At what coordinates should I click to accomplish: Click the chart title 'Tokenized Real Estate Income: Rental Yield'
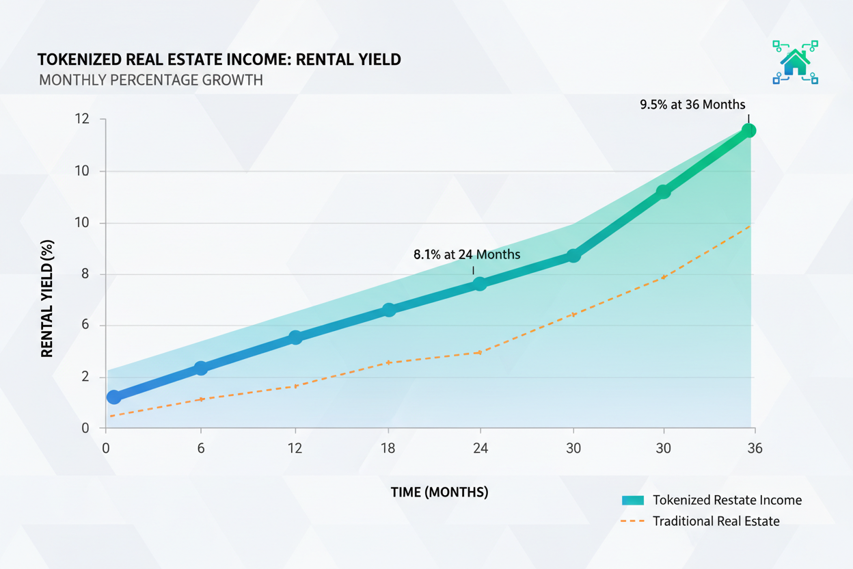(x=219, y=59)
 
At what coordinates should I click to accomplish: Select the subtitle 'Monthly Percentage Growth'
(x=150, y=80)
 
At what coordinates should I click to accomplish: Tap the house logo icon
(x=795, y=62)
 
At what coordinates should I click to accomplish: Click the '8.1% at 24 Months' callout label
(x=467, y=254)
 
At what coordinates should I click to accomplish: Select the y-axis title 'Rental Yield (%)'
(x=47, y=298)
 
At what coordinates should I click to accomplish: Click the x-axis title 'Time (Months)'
(x=439, y=492)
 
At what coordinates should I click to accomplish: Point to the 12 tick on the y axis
(x=83, y=120)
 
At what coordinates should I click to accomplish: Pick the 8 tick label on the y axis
(x=85, y=274)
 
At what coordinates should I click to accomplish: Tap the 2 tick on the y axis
(x=85, y=377)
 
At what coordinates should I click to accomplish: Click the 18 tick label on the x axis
(x=388, y=449)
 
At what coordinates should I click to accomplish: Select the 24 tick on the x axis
(x=480, y=449)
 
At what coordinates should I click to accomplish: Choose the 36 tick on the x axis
(x=754, y=449)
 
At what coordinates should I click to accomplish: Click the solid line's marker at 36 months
(x=748, y=130)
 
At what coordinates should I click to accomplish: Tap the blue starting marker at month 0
(x=114, y=397)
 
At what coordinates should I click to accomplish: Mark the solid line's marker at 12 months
(x=295, y=337)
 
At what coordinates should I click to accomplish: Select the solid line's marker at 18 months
(x=388, y=310)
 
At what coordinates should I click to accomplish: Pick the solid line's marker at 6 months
(x=201, y=368)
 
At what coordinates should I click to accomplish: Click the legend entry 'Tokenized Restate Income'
(x=727, y=500)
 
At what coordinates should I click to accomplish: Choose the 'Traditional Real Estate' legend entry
(x=716, y=521)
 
